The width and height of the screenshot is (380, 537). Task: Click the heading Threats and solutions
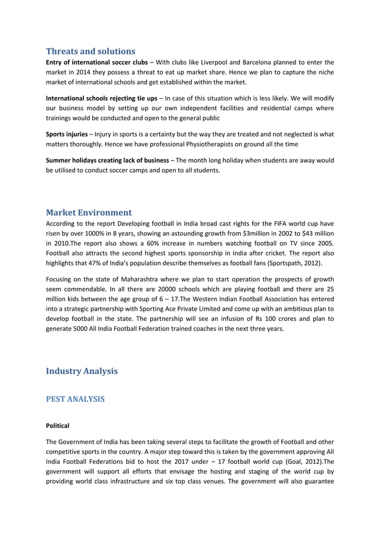pyautogui.click(x=91, y=51)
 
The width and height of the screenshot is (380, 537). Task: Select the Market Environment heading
pyautogui.click(x=89, y=212)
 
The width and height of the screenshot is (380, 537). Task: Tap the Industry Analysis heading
pyautogui.click(x=82, y=371)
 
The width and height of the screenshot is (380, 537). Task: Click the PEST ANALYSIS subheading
pyautogui.click(x=75, y=399)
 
